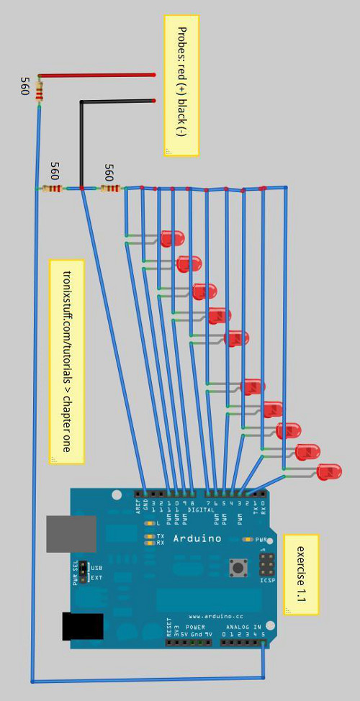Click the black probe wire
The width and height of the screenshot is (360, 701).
(115, 101)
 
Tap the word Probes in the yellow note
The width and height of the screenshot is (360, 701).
(181, 41)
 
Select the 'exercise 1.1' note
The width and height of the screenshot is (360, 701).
(301, 574)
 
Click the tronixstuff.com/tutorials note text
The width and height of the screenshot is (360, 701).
(67, 361)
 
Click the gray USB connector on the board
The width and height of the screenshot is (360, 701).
(71, 533)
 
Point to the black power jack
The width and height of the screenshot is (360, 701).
(82, 625)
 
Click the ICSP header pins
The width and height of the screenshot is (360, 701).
(266, 563)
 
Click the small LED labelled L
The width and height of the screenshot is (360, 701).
(149, 523)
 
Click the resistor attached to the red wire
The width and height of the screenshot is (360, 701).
(39, 91)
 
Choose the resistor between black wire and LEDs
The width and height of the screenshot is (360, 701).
(110, 189)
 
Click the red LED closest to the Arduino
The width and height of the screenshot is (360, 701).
(329, 472)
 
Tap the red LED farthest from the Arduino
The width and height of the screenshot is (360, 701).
(172, 238)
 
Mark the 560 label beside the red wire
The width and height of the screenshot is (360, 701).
(24, 86)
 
